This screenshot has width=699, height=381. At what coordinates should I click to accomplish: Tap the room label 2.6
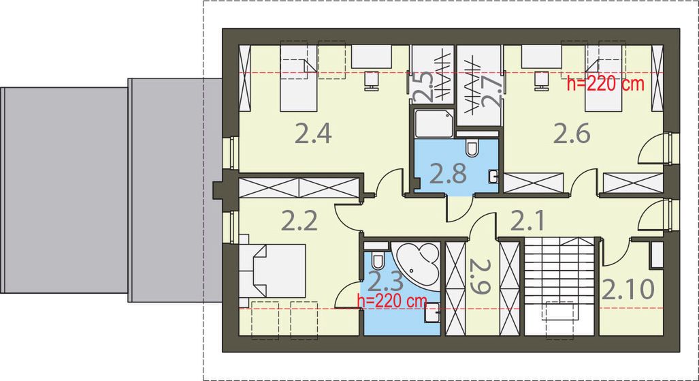[571, 134]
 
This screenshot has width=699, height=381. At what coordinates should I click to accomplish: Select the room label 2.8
[449, 174]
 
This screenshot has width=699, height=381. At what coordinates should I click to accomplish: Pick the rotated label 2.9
[480, 275]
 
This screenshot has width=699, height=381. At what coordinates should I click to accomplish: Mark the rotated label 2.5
[423, 86]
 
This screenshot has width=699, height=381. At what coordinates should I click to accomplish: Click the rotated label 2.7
[491, 91]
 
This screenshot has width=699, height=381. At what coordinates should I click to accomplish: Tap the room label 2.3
[386, 280]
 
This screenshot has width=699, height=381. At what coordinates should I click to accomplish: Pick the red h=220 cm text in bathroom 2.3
[391, 300]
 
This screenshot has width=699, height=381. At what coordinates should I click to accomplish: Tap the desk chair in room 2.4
[372, 79]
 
